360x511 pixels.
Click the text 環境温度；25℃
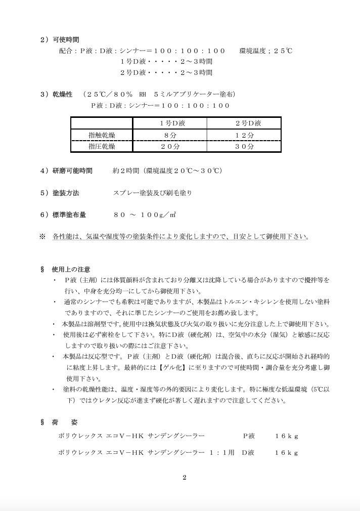265,51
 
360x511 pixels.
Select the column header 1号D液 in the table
170,123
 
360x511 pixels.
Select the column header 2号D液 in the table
244,123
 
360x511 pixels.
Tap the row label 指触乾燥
102,135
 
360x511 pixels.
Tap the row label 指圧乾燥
102,146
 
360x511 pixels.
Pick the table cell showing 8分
170,135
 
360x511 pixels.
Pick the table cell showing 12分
244,135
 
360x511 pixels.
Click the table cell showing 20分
170,146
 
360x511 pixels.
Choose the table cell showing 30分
244,146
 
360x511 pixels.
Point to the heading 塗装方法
66,193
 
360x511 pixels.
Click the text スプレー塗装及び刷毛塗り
153,193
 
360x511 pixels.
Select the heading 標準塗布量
69,215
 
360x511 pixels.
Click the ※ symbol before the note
42,236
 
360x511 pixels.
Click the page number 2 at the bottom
185,477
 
